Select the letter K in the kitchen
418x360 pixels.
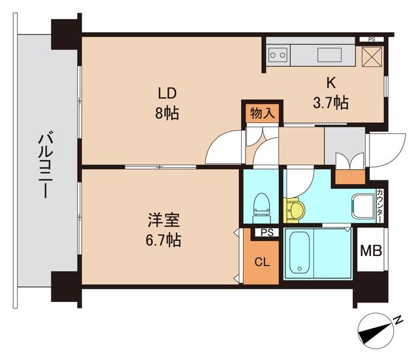[x=330, y=82]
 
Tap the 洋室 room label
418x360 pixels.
[x=164, y=220]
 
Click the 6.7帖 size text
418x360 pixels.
[x=164, y=240]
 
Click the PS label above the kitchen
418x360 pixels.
[x=372, y=40]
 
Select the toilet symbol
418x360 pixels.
[x=261, y=206]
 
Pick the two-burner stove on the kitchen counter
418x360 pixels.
[x=278, y=56]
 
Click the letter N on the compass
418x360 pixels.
[x=398, y=320]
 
